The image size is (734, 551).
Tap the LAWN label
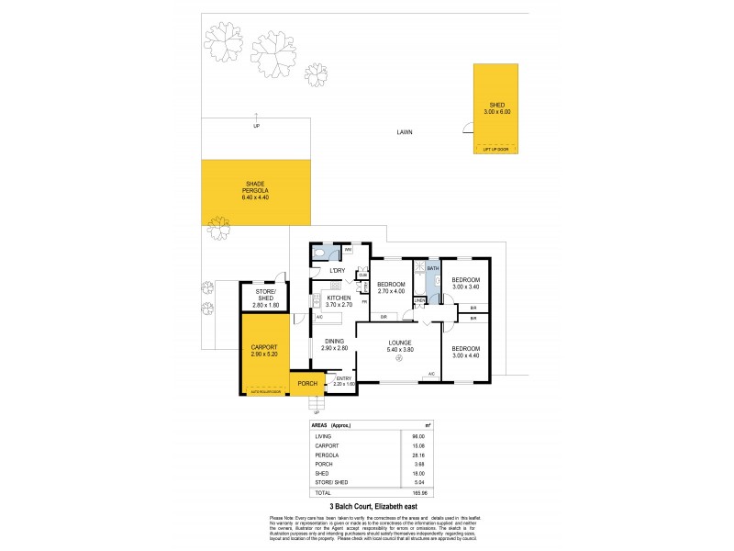[x=405, y=132]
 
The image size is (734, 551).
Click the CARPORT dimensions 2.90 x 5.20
[x=264, y=354]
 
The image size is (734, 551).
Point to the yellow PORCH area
[x=306, y=384]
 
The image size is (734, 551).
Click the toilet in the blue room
[x=319, y=251]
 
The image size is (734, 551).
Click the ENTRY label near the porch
[x=343, y=378]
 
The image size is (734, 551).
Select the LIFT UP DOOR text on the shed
[x=495, y=148]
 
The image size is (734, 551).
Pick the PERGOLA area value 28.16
[x=422, y=453]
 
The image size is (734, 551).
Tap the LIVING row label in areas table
[x=321, y=436]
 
